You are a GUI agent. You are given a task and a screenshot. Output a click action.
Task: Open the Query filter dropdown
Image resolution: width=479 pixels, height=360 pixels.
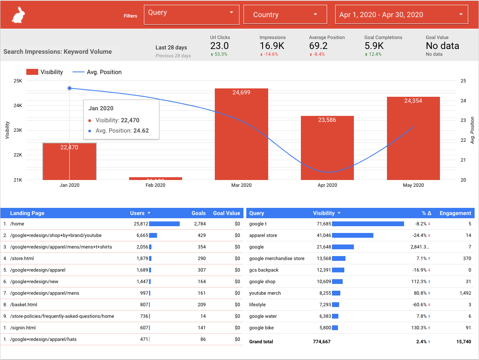[191, 15]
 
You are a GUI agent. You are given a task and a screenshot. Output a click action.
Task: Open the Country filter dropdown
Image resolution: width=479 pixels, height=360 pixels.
[285, 15]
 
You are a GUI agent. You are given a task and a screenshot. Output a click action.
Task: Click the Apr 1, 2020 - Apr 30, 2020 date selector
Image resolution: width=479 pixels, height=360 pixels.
[401, 15]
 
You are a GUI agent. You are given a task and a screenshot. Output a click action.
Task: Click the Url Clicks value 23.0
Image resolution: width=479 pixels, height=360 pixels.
[220, 46]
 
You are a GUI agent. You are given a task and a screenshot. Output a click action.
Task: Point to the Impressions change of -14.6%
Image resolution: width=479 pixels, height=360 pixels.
[271, 54]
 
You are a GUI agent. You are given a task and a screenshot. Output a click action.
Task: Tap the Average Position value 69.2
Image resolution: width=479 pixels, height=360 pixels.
[318, 46]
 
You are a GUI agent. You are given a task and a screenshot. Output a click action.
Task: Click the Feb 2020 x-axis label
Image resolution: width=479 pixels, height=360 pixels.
[155, 185]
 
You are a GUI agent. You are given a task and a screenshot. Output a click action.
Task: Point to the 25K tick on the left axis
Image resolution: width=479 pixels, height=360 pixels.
[18, 81]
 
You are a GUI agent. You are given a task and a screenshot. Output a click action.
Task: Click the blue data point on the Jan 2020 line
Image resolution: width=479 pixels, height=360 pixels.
[69, 88]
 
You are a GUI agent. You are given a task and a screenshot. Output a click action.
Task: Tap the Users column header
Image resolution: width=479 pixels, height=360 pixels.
[137, 213]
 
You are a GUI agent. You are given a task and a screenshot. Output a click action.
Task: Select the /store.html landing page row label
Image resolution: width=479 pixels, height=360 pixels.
[22, 258]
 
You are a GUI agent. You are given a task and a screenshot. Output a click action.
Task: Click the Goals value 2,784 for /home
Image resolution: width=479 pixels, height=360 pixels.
[200, 224]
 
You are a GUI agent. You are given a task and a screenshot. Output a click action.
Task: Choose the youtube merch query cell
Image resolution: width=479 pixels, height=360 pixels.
[265, 293]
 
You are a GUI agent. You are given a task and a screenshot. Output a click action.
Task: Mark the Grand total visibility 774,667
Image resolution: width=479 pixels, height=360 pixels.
[322, 342]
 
